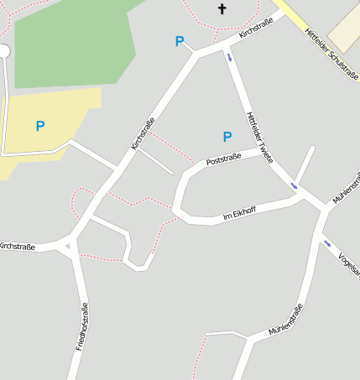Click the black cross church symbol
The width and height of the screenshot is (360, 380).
tap(222, 9)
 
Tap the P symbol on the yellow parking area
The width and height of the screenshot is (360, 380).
tap(39, 127)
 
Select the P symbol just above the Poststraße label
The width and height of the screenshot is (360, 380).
tap(227, 137)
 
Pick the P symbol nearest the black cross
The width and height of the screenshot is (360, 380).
tap(179, 41)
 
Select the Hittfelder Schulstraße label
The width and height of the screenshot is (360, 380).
tap(331, 55)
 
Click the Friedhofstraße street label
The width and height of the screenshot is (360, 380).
tap(82, 327)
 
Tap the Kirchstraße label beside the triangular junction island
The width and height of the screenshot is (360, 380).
tap(17, 247)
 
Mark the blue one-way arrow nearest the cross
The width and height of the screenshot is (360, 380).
tap(230, 57)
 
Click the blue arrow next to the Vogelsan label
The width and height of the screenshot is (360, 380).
tap(326, 244)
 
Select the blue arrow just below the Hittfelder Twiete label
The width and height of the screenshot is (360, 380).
tap(294, 185)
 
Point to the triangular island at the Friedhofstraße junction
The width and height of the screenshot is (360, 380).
tap(66, 245)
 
